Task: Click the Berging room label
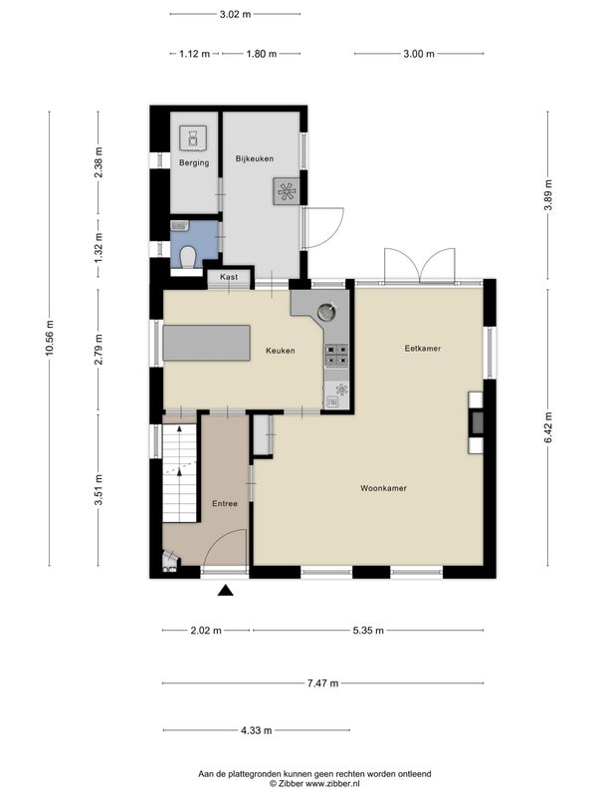194,162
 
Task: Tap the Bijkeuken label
255,158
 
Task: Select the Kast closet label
229,277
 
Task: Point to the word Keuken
281,351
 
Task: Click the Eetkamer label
422,348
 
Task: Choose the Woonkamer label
383,488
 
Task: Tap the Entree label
225,503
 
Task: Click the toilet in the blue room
188,257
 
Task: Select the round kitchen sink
326,312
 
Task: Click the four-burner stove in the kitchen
336,355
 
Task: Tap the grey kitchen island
207,343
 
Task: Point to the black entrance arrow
226,590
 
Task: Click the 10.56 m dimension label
49,339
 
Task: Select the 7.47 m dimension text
322,683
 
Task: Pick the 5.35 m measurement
368,631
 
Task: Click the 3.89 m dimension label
548,195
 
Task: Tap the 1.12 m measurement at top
194,54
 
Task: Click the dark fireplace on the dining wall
477,421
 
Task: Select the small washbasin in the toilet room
180,226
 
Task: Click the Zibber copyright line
314,784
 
